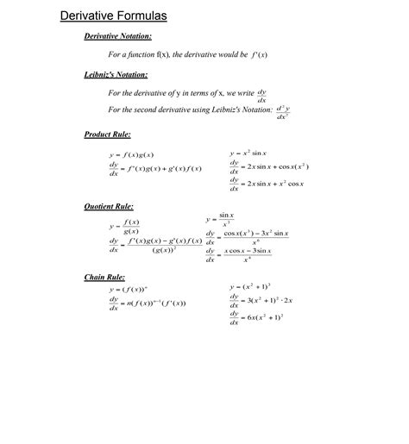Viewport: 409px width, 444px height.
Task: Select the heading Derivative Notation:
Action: tap(118, 36)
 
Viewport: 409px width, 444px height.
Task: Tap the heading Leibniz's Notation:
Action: tap(116, 75)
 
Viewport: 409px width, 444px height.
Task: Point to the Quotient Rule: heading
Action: tap(109, 207)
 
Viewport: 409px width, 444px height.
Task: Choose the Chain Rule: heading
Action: tap(104, 278)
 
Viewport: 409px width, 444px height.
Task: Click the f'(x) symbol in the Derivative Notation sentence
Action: tap(260, 54)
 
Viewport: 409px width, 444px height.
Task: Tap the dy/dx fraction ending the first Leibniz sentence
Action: tap(262, 94)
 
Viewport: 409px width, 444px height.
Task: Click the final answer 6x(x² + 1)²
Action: tap(266, 318)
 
